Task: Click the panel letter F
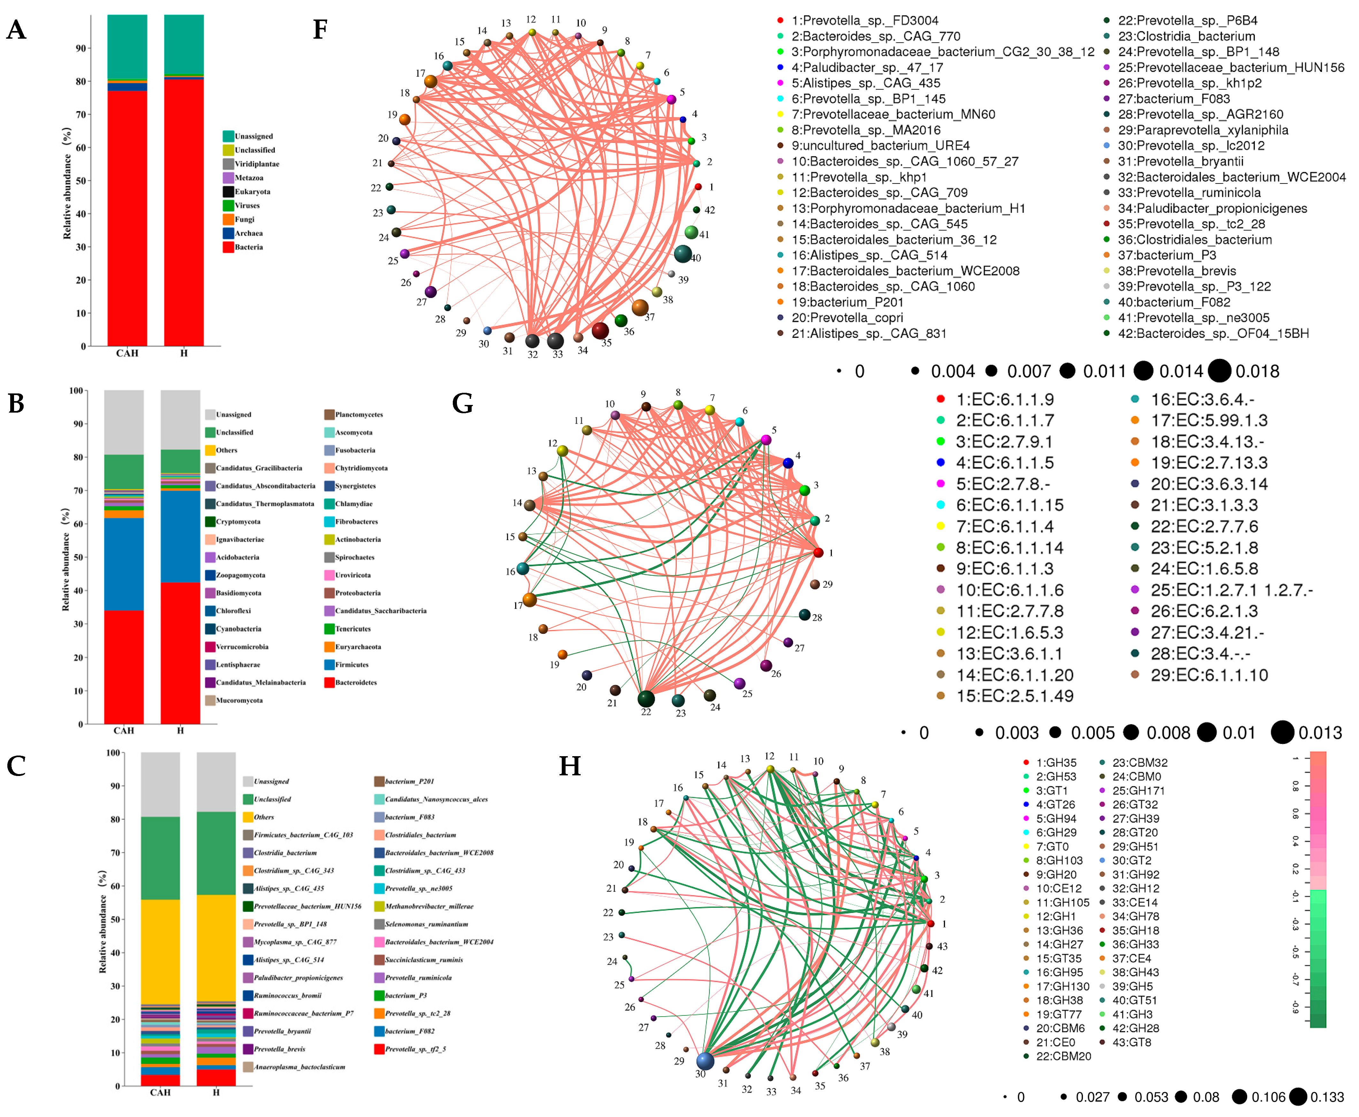coord(320,30)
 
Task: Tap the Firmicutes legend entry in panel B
coord(351,665)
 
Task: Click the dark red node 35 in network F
coord(600,331)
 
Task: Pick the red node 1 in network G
coord(818,553)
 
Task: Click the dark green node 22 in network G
coord(646,699)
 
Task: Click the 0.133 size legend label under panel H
coord(1327,1097)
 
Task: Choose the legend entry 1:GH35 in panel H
coord(1055,763)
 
